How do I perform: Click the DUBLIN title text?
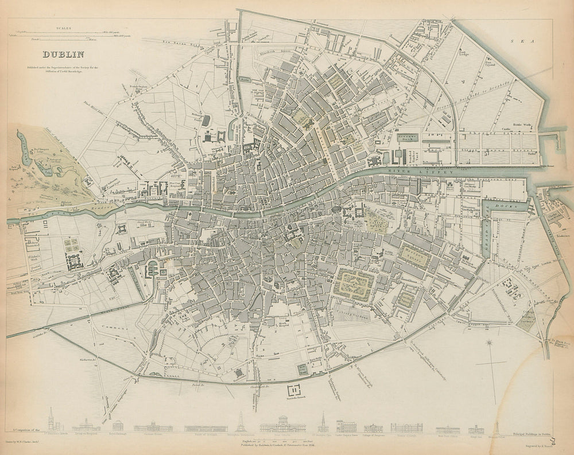(63, 56)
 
